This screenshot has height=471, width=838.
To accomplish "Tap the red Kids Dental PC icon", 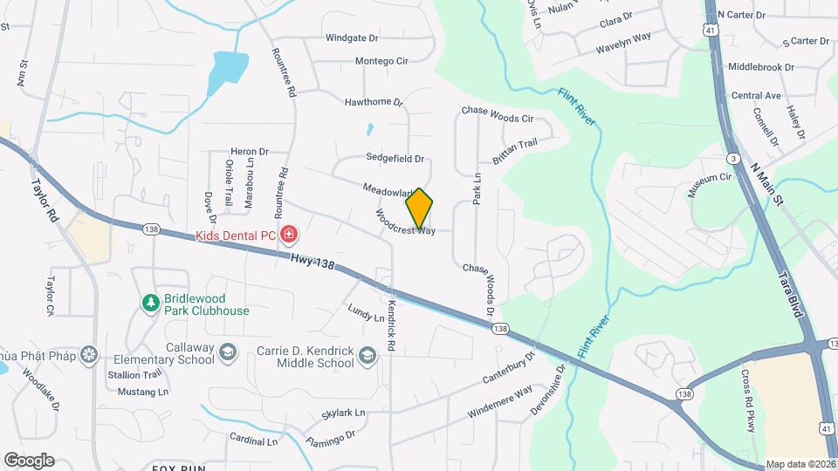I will [289, 235].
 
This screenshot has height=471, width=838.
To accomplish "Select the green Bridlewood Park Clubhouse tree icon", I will [151, 302].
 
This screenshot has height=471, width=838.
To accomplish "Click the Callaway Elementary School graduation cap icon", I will [227, 352].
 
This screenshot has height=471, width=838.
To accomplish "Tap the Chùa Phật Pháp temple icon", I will [88, 354].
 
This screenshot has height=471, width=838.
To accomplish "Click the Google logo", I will [29, 460].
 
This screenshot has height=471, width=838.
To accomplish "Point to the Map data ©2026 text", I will [800, 464].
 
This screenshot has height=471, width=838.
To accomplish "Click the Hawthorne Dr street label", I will [374, 102].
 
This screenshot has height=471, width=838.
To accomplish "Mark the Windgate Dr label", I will [352, 38].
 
